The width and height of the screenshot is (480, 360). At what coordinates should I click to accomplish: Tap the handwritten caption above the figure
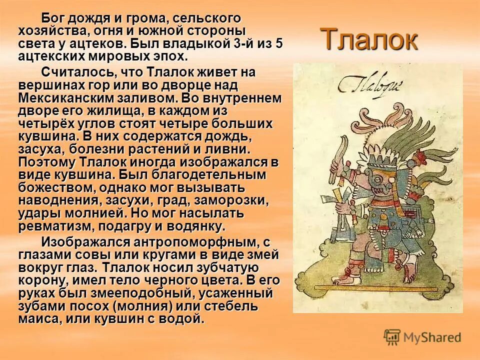click(365, 85)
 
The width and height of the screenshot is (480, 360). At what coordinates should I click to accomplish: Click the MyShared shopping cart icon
click(392, 337)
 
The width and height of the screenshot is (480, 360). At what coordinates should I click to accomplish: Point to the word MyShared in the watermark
click(431, 337)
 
